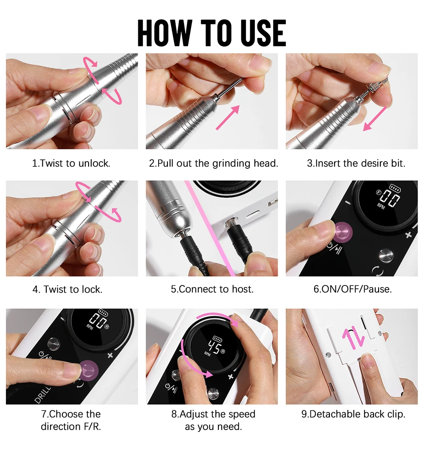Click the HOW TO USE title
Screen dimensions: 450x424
212,32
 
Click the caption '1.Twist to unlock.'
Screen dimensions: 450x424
71,163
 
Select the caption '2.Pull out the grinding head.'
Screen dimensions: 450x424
213,163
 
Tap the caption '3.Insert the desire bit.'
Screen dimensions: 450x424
356,163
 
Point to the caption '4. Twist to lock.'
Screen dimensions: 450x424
67,290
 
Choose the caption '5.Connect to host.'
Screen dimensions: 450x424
212,290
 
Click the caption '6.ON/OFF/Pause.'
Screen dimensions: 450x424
352,290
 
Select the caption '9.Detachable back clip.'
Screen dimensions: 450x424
353,414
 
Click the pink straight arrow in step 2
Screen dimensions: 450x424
228,117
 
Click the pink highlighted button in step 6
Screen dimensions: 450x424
343,232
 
